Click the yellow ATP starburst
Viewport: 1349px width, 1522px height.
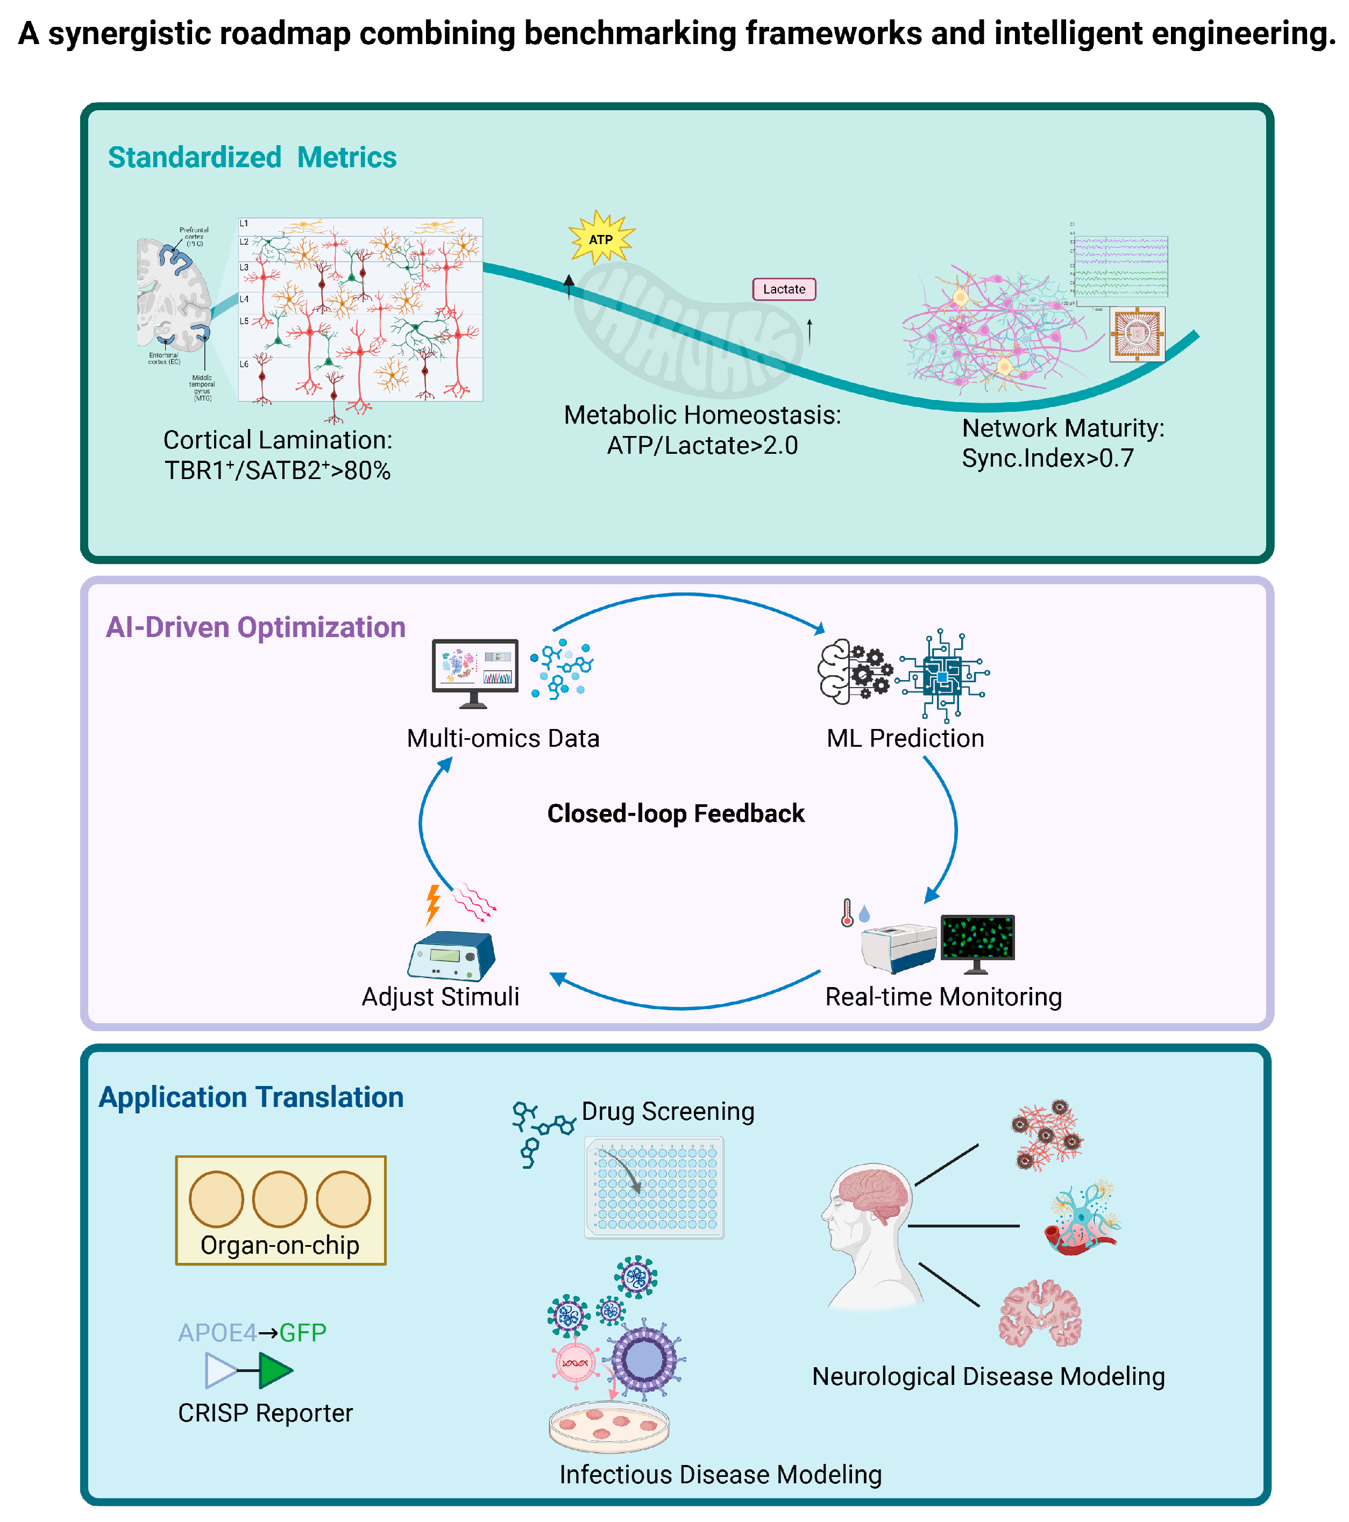tap(600, 238)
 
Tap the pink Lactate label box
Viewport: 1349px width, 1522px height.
tap(784, 289)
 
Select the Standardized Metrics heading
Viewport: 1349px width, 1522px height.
tap(252, 158)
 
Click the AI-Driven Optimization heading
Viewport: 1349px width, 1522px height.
tap(255, 627)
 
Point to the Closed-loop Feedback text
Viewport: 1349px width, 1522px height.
tap(675, 813)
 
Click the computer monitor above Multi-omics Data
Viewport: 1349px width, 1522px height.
tap(474, 669)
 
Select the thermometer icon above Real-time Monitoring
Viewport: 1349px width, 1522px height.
tap(847, 912)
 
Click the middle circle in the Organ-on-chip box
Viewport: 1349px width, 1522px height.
tap(279, 1199)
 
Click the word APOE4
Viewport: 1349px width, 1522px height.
tap(217, 1332)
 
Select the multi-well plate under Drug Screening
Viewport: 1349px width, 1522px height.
tap(654, 1187)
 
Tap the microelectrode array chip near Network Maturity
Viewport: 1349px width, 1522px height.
tap(1137, 334)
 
